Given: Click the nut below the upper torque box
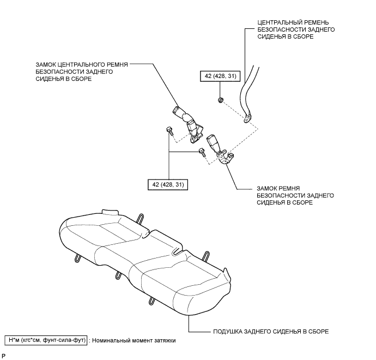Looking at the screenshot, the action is coord(220,100).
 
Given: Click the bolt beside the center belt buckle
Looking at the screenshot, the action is coord(169,131).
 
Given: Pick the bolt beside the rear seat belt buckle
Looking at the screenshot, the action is coord(202,152).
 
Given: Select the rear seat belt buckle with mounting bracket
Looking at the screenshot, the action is coord(220,150).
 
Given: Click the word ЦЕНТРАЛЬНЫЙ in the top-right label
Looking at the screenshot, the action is coord(277,22).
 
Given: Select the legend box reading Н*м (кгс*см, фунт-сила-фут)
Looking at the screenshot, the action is coord(46,340).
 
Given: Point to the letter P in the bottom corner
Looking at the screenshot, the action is coord(3,356).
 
